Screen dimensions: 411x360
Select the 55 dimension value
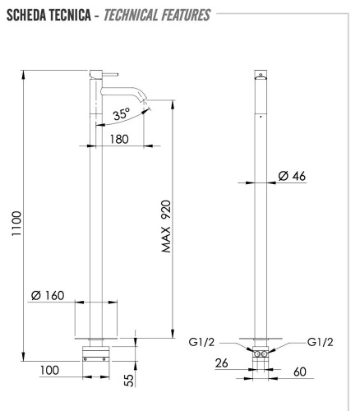click(x=131, y=379)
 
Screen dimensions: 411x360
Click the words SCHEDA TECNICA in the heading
click(x=51, y=16)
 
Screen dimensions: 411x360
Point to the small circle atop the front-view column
click(x=261, y=74)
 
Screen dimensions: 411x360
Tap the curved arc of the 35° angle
click(x=123, y=123)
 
